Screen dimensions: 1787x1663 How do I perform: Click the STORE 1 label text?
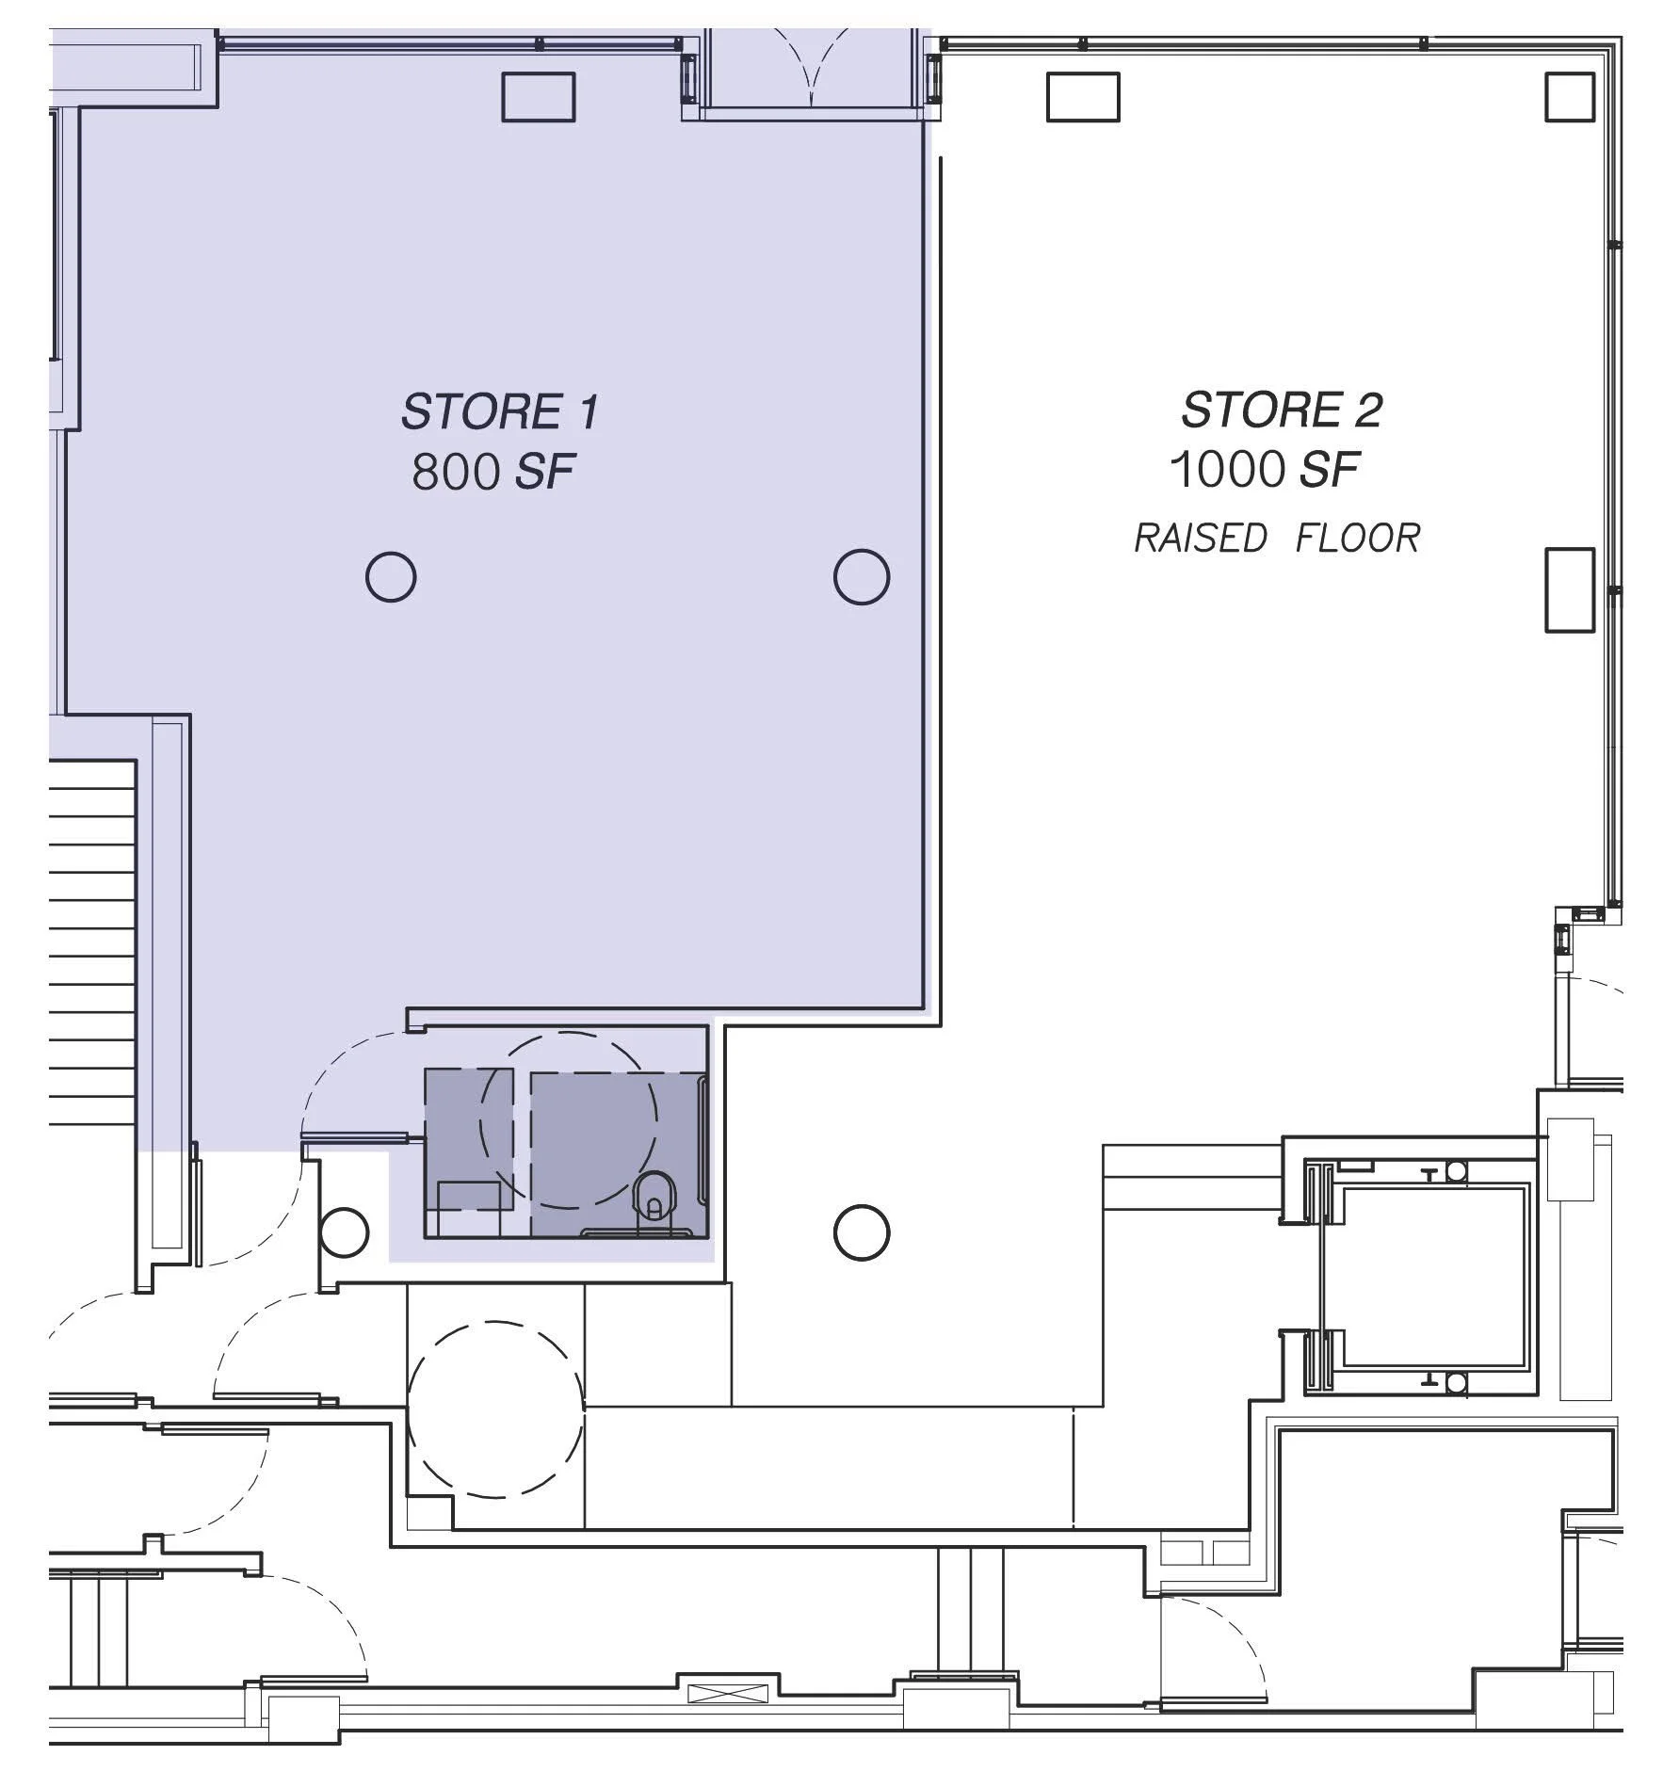pyautogui.click(x=499, y=412)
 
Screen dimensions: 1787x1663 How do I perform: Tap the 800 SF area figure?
pyautogui.click(x=492, y=472)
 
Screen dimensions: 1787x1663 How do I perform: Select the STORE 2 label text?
pyautogui.click(x=1281, y=411)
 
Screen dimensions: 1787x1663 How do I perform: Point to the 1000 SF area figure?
pyautogui.click(x=1265, y=469)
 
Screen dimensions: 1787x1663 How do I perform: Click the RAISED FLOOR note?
pyautogui.click(x=1276, y=539)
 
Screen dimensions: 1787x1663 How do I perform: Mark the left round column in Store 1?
pyautogui.click(x=390, y=576)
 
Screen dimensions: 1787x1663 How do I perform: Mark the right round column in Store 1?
pyautogui.click(x=861, y=576)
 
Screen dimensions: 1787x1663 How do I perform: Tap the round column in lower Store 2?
pyautogui.click(x=861, y=1232)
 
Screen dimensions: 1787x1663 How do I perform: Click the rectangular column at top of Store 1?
pyautogui.click(x=538, y=97)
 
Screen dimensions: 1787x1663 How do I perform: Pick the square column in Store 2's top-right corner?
pyautogui.click(x=1569, y=97)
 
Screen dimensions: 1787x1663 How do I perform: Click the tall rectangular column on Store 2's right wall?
pyautogui.click(x=1569, y=590)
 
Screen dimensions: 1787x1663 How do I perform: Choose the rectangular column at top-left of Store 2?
pyautogui.click(x=1083, y=97)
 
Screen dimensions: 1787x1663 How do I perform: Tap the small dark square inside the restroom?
pyautogui.click(x=468, y=1139)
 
